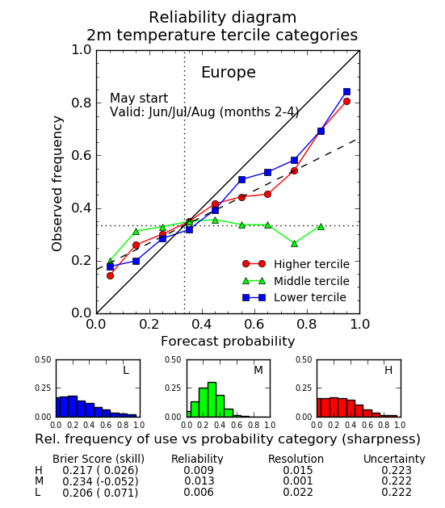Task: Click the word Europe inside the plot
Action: pyautogui.click(x=229, y=73)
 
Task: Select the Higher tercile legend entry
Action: pyautogui.click(x=296, y=264)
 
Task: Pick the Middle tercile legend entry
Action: pyautogui.click(x=296, y=281)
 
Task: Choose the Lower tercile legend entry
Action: pyautogui.click(x=294, y=297)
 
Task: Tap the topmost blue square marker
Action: pyautogui.click(x=346, y=92)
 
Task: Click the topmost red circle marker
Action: pyautogui.click(x=346, y=102)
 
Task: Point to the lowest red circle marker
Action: pyautogui.click(x=110, y=275)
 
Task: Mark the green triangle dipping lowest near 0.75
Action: pyautogui.click(x=294, y=244)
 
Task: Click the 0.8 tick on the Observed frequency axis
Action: pyautogui.click(x=82, y=103)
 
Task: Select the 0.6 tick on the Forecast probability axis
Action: pyautogui.click(x=254, y=324)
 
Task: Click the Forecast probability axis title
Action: pyautogui.click(x=228, y=342)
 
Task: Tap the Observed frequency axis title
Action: pyautogui.click(x=57, y=183)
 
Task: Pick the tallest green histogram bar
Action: pyautogui.click(x=212, y=400)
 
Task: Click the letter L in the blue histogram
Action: pyautogui.click(x=126, y=370)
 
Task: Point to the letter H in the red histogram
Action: pyautogui.click(x=388, y=370)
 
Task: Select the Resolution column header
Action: pyautogui.click(x=296, y=459)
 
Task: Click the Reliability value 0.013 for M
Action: pyautogui.click(x=199, y=481)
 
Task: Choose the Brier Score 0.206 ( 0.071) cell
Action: pyautogui.click(x=100, y=493)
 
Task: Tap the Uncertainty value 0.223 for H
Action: pyautogui.click(x=397, y=470)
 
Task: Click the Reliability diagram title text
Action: pyautogui.click(x=223, y=18)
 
